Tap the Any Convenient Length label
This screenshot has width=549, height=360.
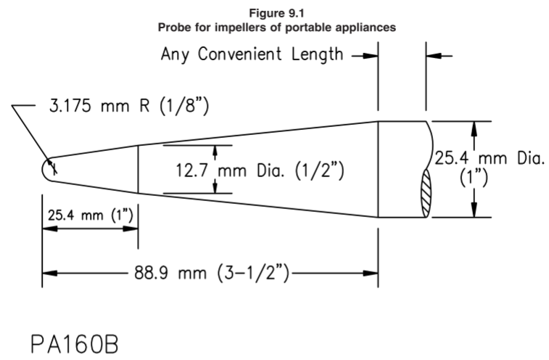pyautogui.click(x=252, y=54)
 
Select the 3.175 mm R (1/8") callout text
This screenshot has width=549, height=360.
pyautogui.click(x=129, y=106)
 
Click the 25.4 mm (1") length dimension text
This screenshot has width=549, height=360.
pyautogui.click(x=86, y=215)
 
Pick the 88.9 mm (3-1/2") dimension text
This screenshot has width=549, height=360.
pyautogui.click(x=212, y=274)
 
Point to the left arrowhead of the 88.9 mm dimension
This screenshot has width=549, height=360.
pyautogui.click(x=48, y=274)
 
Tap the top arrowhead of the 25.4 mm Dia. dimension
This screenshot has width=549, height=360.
pyautogui.click(x=474, y=126)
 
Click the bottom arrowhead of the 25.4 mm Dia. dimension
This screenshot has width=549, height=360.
pyautogui.click(x=474, y=211)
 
